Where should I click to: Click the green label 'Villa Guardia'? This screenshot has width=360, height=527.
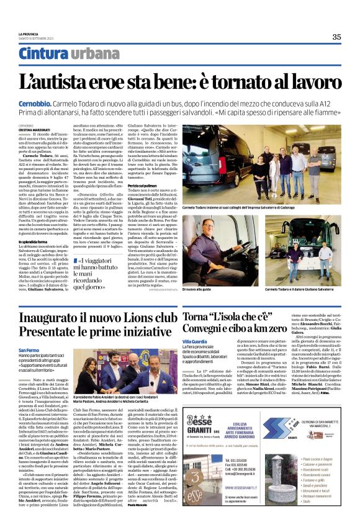(x=196, y=341)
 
